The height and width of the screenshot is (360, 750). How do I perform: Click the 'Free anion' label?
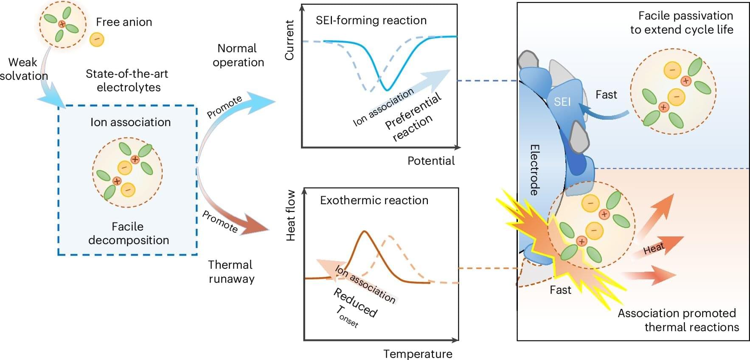(124, 22)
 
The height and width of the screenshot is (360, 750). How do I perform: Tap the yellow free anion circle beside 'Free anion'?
(97, 39)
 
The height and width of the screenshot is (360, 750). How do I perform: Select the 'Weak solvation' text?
(24, 69)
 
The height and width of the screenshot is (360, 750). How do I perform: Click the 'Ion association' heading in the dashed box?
(130, 122)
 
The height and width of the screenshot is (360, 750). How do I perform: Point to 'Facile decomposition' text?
(128, 233)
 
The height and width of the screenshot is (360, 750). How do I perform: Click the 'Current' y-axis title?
(289, 40)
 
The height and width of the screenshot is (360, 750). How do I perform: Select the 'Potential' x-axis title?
(431, 161)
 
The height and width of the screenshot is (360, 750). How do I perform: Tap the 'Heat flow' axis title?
(291, 216)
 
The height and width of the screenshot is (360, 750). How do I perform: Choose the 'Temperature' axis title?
(418, 354)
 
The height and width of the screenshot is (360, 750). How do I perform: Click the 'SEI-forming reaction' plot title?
(371, 20)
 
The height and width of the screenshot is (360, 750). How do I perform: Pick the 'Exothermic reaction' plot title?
(374, 200)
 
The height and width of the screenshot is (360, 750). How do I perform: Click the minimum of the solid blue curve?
(387, 90)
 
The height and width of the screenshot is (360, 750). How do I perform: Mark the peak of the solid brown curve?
(364, 231)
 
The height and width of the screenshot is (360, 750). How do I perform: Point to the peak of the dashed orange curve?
(390, 236)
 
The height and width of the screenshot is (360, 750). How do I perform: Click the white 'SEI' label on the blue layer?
(562, 102)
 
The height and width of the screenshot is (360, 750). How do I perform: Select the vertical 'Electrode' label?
(534, 170)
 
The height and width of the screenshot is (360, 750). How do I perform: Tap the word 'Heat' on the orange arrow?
(654, 248)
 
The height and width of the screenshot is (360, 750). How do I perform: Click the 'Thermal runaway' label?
(231, 272)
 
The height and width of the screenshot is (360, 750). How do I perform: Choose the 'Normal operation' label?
(238, 55)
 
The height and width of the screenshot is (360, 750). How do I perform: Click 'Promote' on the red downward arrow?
(219, 221)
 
